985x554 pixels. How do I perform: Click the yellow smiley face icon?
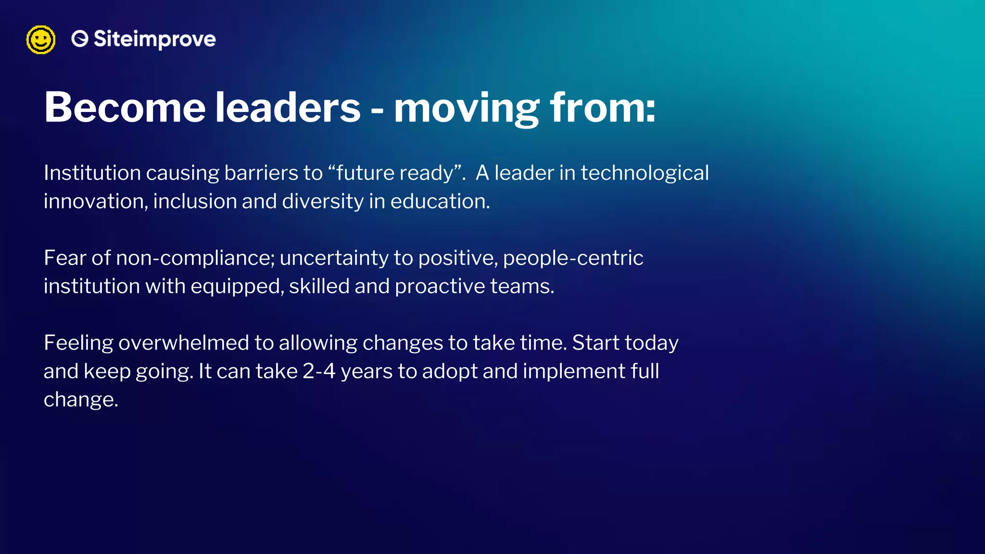coord(40,40)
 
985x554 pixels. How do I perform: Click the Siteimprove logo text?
coord(154,39)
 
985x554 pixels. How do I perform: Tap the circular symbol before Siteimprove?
coord(80,39)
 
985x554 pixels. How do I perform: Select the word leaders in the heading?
coord(287,108)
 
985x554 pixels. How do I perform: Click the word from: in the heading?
coord(603,108)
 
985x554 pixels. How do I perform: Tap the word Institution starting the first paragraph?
coord(92,173)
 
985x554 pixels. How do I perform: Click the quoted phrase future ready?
coord(395,173)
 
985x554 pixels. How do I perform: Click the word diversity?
coord(323,201)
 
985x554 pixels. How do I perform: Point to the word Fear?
coord(65,258)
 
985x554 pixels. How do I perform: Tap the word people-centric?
coord(573,258)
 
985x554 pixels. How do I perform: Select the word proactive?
coord(440,287)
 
